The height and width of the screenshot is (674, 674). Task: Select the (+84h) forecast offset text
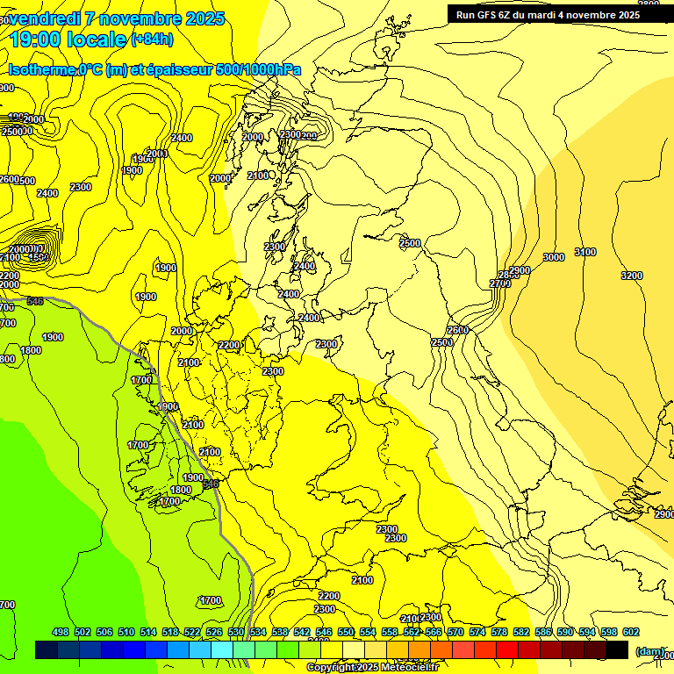[x=151, y=39]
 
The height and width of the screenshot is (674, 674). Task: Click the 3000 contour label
[x=553, y=257]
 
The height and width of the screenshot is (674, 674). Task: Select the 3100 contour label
[x=585, y=253]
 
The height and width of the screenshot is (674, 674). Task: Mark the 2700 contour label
[x=500, y=283]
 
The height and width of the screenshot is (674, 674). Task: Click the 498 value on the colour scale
[x=61, y=632]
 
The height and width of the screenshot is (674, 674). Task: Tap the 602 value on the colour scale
[x=631, y=632]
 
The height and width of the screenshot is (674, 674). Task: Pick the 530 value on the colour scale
[x=236, y=632]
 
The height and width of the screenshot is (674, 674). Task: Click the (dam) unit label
[x=650, y=652]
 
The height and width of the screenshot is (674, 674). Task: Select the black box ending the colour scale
[x=617, y=649]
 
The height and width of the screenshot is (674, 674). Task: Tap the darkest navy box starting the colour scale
[x=47, y=649]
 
